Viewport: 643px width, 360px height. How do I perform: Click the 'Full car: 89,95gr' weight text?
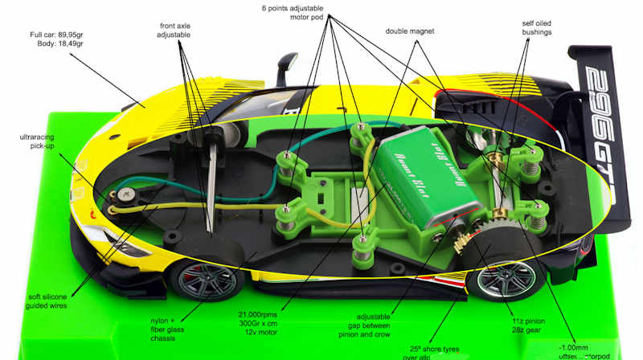click(60, 35)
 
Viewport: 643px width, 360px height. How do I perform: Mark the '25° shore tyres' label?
click(437, 352)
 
